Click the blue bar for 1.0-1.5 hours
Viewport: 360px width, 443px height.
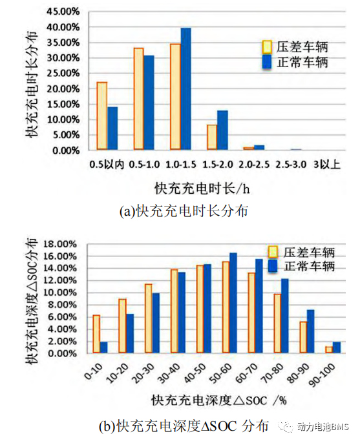coord(185,88)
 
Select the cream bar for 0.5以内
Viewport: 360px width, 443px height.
coord(102,116)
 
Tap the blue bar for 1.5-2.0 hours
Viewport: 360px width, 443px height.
coord(222,130)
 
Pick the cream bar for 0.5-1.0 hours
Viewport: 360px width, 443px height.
coord(138,99)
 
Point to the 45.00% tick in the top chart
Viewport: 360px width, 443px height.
coord(63,12)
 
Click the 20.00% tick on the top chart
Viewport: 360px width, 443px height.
coord(63,88)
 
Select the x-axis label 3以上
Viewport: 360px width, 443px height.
coord(326,165)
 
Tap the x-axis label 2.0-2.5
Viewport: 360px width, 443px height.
coord(254,165)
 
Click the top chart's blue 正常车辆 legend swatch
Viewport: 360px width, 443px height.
coord(267,62)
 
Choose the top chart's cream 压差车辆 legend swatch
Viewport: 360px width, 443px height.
coord(267,47)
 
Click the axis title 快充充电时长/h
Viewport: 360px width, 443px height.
coord(202,188)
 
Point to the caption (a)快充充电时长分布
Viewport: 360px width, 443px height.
coord(184,211)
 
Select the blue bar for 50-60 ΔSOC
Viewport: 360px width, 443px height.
coord(233,303)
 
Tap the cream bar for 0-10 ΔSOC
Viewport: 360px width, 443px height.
coord(96,334)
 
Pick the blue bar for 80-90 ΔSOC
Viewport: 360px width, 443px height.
coord(310,331)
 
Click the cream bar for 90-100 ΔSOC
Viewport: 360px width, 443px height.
coord(329,349)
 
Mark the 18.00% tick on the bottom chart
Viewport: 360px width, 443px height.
coord(60,244)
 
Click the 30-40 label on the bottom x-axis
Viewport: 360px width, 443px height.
coord(169,373)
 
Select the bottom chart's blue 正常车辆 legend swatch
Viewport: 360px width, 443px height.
coord(273,266)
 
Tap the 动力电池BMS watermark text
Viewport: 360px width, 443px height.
coord(323,427)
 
